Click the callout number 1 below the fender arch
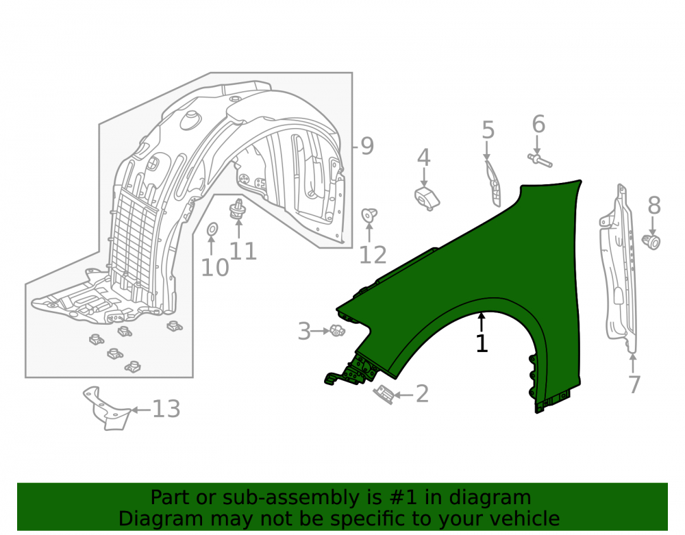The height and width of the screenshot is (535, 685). (482, 344)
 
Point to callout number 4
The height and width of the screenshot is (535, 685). (423, 158)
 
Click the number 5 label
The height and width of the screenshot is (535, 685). (488, 130)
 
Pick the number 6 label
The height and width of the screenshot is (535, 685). (538, 124)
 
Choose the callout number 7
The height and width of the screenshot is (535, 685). (634, 384)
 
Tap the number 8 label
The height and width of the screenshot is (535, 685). (654, 206)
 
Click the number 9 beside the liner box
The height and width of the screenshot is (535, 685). (367, 146)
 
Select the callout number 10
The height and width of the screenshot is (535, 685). (215, 267)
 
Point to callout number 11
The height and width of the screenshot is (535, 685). (242, 251)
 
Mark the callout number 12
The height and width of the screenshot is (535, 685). (373, 255)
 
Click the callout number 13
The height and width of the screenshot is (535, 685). (166, 409)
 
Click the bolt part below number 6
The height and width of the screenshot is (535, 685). (540, 159)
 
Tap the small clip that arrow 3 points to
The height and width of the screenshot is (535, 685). (337, 331)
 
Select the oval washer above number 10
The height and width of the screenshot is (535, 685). (212, 228)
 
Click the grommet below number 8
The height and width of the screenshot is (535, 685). (651, 242)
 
